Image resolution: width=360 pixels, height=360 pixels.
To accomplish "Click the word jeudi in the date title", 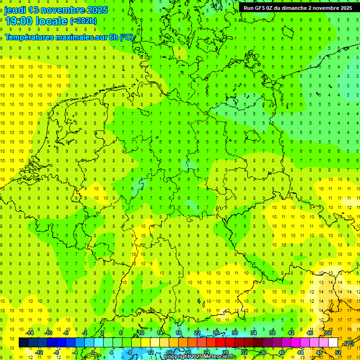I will point(15,10).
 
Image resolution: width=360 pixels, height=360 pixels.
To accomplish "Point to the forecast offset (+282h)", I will point(83,21).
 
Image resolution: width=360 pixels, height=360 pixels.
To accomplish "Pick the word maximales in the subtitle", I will point(75,37).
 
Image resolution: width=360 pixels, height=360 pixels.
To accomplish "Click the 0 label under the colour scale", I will point(93,352).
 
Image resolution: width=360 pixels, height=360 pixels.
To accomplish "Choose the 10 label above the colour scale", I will point(141,333).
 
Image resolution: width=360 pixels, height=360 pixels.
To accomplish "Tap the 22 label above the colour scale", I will point(197,333).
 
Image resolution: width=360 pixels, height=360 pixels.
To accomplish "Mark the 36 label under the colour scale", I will point(262,352).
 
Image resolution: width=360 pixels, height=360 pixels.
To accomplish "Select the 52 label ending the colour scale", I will point(337,352).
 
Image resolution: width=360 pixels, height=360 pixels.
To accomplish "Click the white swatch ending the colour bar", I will point(333,343).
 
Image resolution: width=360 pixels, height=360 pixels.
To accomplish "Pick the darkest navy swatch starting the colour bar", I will point(23,343).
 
